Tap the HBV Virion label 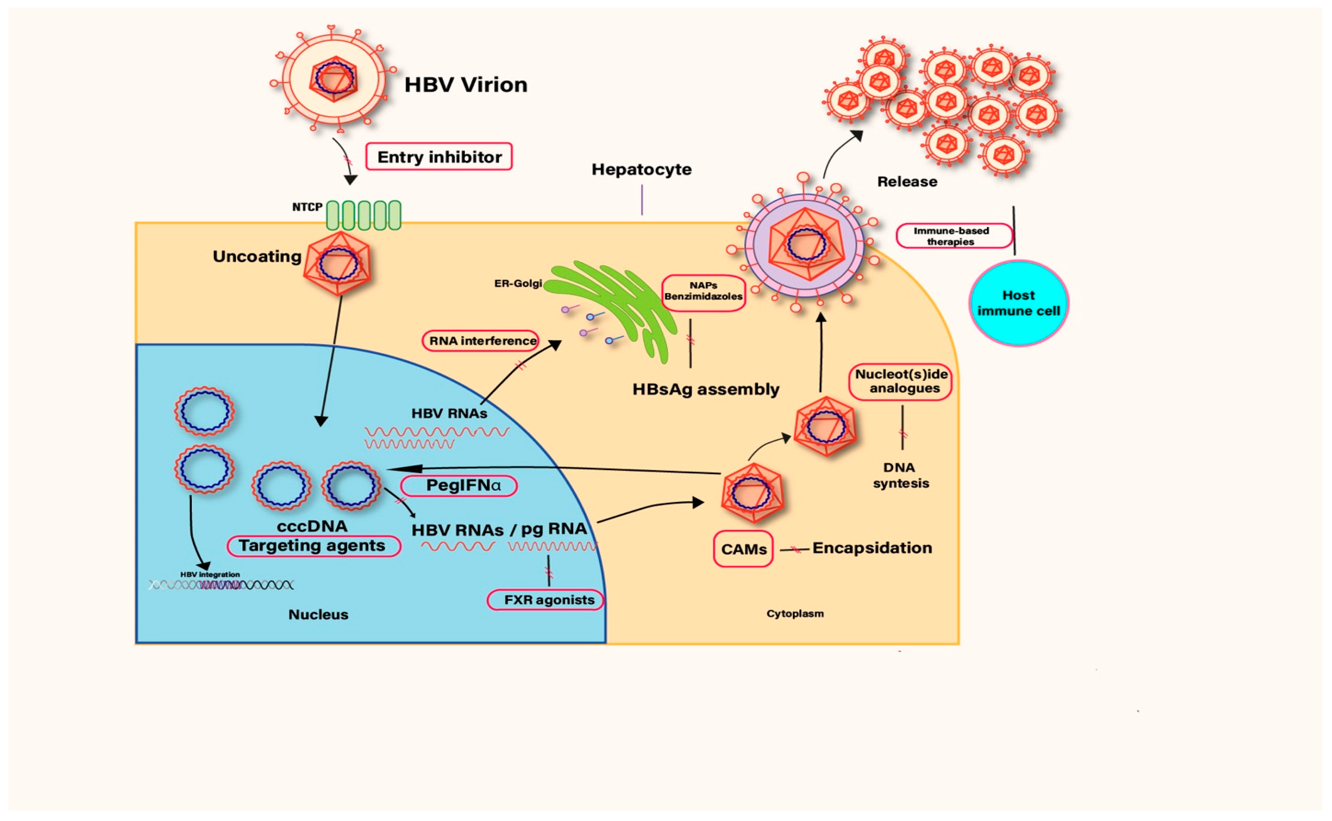[x=466, y=85]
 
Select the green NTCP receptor [x=363, y=215]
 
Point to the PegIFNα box [x=459, y=485]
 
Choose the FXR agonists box [x=545, y=600]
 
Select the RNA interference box [x=481, y=341]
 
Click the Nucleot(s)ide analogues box [x=900, y=381]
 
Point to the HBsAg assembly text [x=705, y=389]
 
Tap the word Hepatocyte [x=641, y=170]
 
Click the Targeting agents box [x=313, y=546]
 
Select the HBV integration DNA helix [x=221, y=585]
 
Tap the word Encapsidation [x=872, y=548]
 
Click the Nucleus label [x=318, y=615]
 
